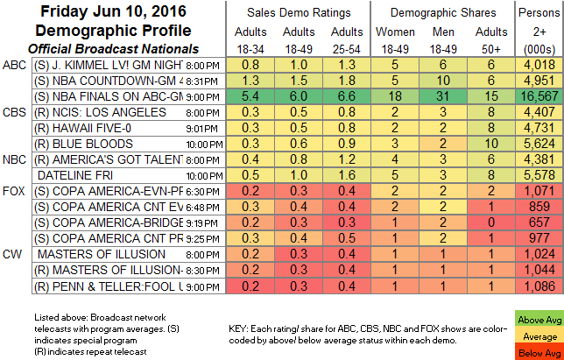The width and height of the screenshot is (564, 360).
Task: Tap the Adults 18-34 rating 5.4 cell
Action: click(x=248, y=95)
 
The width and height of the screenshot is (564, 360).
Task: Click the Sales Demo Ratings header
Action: click(x=298, y=14)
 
